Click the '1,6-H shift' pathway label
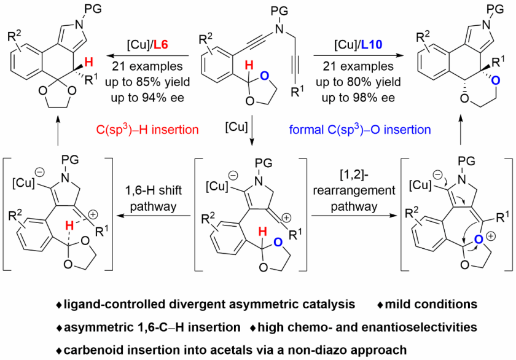151,192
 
